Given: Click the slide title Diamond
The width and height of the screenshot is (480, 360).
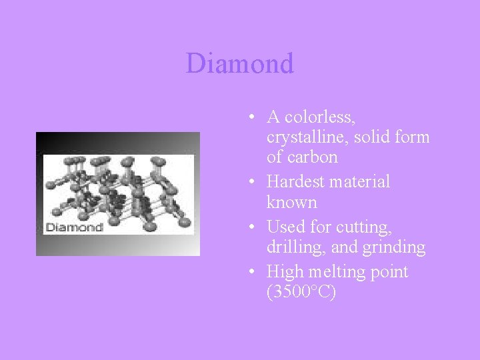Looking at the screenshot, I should tap(240, 64).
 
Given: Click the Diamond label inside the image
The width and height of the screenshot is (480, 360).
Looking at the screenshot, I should tap(73, 227).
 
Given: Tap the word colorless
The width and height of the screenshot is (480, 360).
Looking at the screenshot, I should tap(320, 117).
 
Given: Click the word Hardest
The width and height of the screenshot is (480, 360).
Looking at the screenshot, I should tap(295, 181).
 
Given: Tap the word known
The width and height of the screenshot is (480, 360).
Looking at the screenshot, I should tap(291, 202).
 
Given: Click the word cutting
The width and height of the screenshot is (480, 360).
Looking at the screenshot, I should tap(367, 227).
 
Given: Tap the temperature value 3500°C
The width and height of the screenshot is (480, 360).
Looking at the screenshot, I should tap(301, 293).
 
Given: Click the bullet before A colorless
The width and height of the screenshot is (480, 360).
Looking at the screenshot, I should tap(249, 118).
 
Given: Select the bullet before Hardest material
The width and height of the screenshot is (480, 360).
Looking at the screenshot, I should tap(249, 182).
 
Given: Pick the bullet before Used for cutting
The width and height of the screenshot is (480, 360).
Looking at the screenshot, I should tap(249, 227).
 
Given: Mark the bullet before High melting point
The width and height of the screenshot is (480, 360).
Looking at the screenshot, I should tap(249, 273).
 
